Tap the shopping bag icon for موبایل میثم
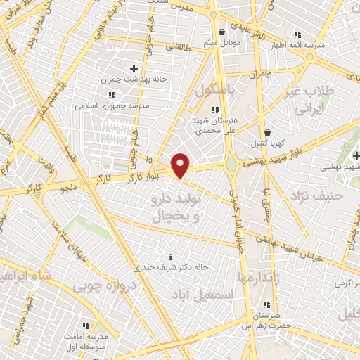221,31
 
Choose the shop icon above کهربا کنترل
267,131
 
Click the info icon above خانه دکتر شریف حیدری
172,255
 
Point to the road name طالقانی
178,49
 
